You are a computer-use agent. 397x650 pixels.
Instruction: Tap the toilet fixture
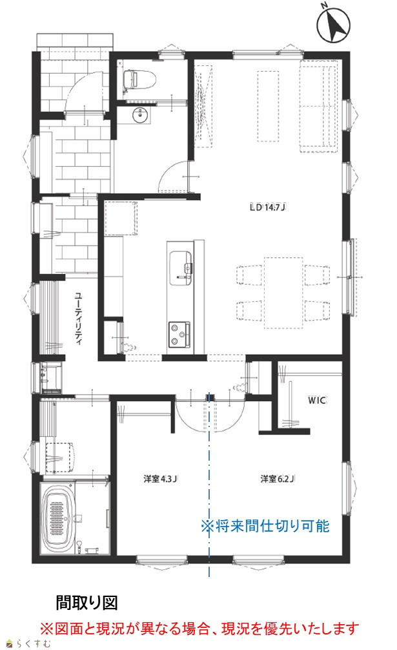[139, 79]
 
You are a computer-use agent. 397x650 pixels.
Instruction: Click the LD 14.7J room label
[269, 207]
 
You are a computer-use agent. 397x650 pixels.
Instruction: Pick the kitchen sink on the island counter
[180, 268]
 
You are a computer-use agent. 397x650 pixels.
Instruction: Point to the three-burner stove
[179, 334]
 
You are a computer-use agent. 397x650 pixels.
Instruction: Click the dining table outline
[283, 293]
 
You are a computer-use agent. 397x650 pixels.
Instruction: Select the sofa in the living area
[319, 107]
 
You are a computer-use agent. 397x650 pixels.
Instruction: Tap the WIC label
[317, 400]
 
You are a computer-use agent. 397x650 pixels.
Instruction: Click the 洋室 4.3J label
[160, 479]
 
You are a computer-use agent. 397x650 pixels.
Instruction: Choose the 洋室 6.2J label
[278, 479]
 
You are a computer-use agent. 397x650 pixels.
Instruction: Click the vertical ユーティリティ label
[78, 319]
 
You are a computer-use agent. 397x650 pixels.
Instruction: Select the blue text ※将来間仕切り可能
[265, 526]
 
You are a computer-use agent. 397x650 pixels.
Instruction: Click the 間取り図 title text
[87, 603]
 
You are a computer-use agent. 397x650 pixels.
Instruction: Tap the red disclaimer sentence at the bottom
[199, 629]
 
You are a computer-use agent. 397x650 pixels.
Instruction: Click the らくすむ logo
[29, 644]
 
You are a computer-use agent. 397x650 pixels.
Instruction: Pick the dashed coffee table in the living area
[268, 107]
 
